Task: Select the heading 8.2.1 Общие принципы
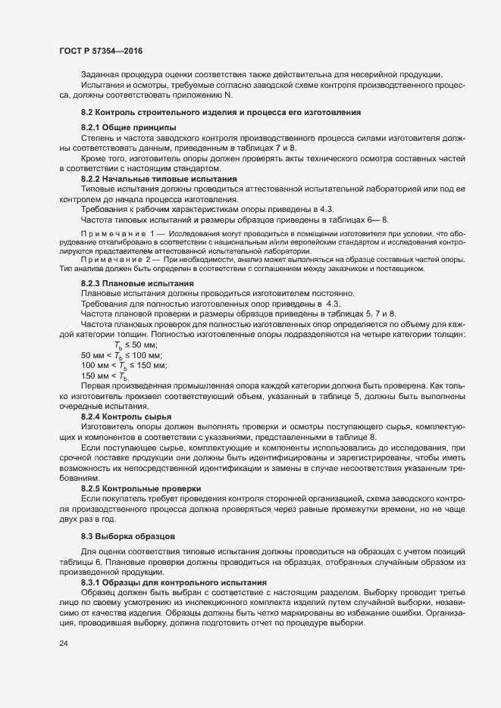pyautogui.click(x=128, y=126)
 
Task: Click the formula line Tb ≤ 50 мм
pyautogui.click(x=136, y=345)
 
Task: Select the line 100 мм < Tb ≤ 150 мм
pyautogui.click(x=124, y=366)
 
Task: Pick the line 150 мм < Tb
pyautogui.click(x=105, y=376)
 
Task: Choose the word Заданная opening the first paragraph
pyautogui.click(x=101, y=74)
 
